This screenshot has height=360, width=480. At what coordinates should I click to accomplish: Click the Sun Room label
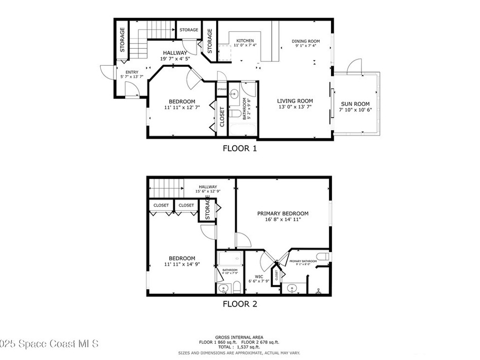coord(355,104)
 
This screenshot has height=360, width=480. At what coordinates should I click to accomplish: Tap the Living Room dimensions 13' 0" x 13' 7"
coord(294,107)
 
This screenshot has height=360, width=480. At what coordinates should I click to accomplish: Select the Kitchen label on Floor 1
coord(245,40)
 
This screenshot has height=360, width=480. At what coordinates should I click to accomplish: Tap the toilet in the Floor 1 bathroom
coord(235,113)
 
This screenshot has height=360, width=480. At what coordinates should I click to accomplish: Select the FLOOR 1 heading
coord(240,149)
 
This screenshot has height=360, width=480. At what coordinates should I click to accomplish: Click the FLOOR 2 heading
coord(240,304)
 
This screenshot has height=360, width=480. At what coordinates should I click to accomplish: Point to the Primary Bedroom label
coord(283,213)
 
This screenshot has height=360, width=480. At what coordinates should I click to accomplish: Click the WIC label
coord(259,276)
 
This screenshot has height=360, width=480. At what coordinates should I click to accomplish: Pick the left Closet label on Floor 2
coord(161,205)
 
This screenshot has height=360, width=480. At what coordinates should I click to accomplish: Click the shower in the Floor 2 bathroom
coord(230,259)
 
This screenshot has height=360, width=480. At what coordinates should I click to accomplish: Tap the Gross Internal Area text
coord(239,337)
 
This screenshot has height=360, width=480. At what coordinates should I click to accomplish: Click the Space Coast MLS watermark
coord(49,344)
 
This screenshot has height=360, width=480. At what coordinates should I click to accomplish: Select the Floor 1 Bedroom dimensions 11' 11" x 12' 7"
coord(182,108)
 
